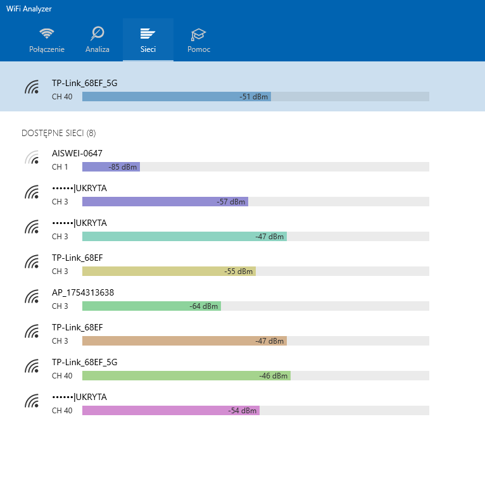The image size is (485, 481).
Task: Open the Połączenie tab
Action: pos(47,40)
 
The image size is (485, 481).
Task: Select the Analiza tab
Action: pos(98,40)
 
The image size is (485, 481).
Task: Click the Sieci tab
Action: pos(148,40)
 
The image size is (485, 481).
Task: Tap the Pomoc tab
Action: pos(199,40)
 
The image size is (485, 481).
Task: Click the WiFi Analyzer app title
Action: pos(28,9)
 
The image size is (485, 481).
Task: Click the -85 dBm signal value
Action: pos(122,167)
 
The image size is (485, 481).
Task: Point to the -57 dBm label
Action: pos(230,202)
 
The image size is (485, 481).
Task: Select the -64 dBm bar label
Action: pos(203,306)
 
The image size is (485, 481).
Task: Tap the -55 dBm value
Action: pos(239,272)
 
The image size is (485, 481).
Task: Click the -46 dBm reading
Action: pos(273,376)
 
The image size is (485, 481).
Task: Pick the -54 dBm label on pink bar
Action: pos(242,411)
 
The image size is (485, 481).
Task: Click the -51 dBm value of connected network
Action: pos(254,97)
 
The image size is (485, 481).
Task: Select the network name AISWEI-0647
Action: pos(77,153)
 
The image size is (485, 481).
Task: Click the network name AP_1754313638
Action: pos(83,293)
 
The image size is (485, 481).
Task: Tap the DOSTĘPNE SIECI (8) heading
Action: pos(59,134)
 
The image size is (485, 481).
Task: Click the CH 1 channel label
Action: pos(60,167)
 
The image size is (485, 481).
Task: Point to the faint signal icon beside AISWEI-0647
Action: pos(32,158)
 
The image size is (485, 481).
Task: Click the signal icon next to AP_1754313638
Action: pos(32,296)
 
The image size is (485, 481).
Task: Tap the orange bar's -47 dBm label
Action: pos(270,341)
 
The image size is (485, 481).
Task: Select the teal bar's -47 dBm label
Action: pos(270,237)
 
